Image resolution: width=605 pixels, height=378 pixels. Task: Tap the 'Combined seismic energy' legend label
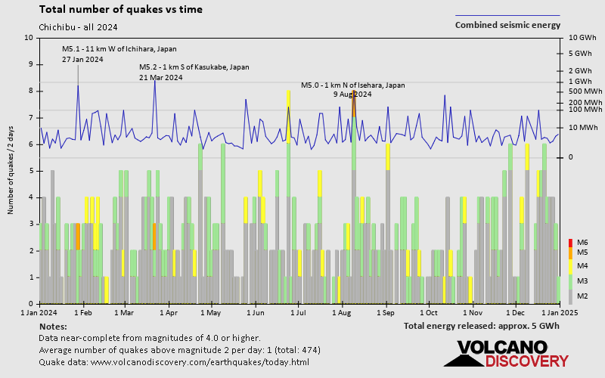pos(507,25)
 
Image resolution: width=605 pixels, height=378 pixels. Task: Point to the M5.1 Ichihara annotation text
pos(119,49)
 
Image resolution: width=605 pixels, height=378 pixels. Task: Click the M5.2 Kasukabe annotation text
pos(194,67)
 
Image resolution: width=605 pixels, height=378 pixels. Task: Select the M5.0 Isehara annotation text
pos(352,85)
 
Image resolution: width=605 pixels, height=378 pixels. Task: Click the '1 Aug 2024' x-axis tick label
pos(342,311)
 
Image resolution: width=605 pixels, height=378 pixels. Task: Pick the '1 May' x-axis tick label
pos(211,311)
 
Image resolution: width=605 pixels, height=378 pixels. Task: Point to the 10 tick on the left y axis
pos(29,38)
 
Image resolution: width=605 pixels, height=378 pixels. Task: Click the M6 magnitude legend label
pos(582,242)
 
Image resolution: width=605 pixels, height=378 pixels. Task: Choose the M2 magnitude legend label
pos(582,296)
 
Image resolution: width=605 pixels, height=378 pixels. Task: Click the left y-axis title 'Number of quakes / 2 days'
pos(12,171)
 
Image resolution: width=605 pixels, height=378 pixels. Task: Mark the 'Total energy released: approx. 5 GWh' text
pos(482,326)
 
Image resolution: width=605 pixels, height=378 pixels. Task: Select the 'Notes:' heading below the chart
pos(52,326)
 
